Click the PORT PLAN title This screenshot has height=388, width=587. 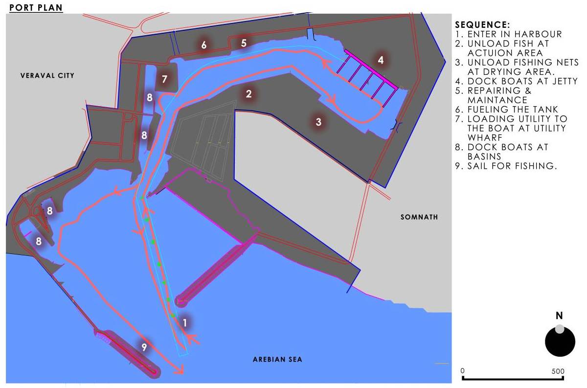click(36, 8)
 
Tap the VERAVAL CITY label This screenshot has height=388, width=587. click(47, 75)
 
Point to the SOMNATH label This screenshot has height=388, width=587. click(419, 217)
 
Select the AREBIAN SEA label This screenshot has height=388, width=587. click(277, 360)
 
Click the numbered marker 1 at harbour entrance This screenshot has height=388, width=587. click(185, 322)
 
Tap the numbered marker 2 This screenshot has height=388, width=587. click(249, 94)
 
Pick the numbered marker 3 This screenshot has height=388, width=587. click(318, 122)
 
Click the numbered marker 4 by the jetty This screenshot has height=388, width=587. click(381, 60)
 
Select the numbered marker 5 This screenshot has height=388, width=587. click(244, 43)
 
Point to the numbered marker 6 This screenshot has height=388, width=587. click(204, 45)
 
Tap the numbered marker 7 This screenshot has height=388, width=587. click(165, 79)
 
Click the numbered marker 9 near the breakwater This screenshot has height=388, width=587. click(144, 347)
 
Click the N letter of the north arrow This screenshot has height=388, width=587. click(559, 316)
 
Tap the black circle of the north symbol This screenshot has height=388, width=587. click(560, 341)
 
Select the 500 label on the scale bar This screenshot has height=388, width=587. click(558, 371)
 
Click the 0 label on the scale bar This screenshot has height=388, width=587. click(463, 371)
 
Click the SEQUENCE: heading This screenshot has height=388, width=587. click(482, 25)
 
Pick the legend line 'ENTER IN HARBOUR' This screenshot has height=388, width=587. click(509, 34)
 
